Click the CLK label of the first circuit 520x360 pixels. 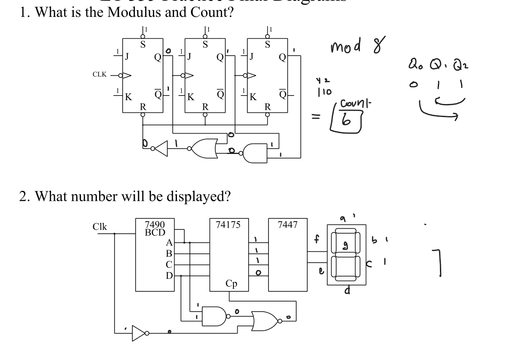(x=99, y=75)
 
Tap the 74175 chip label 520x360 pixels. (x=229, y=225)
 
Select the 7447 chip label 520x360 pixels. (x=287, y=225)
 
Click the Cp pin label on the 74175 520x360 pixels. (x=231, y=284)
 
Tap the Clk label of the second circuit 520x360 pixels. (x=100, y=227)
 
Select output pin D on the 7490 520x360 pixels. (x=169, y=276)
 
